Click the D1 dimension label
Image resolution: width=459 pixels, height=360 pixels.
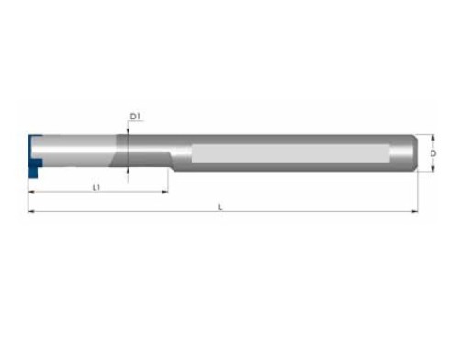pyautogui.click(x=135, y=117)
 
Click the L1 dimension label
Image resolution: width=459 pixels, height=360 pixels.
pyautogui.click(x=96, y=187)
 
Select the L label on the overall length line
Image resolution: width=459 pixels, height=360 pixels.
pyautogui.click(x=220, y=208)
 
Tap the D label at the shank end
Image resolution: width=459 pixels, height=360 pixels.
pyautogui.click(x=432, y=153)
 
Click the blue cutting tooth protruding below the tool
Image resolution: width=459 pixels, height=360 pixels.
pyautogui.click(x=33, y=172)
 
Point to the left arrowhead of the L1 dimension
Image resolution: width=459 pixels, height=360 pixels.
pyautogui.click(x=31, y=192)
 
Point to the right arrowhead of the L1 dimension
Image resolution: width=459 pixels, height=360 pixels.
pyautogui.click(x=165, y=192)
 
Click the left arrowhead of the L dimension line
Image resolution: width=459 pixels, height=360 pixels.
pyautogui.click(x=31, y=211)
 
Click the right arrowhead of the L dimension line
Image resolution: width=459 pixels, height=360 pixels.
pyautogui.click(x=415, y=211)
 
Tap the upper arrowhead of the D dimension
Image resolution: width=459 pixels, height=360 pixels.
pyautogui.click(x=432, y=138)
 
